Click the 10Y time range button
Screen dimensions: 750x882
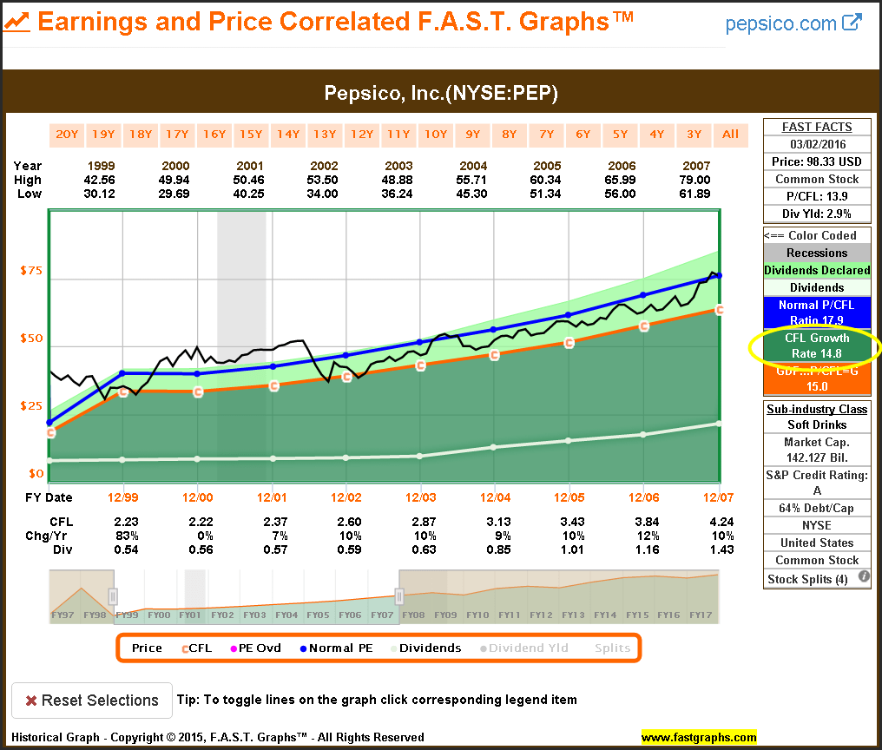(x=435, y=134)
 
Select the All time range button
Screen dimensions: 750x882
(x=730, y=134)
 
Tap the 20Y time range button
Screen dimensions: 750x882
(x=66, y=134)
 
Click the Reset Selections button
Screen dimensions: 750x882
(x=91, y=701)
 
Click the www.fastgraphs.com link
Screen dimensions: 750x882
(x=699, y=738)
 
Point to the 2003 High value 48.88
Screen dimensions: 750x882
(x=399, y=180)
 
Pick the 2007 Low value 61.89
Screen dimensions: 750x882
(x=694, y=194)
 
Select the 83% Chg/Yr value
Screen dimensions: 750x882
(x=128, y=535)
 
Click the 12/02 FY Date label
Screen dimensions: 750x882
(x=346, y=497)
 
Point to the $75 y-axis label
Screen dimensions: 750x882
(x=31, y=270)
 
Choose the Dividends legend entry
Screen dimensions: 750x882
(x=426, y=648)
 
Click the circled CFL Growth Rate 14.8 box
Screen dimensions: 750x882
(x=817, y=345)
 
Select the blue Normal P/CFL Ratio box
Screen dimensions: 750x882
(x=817, y=312)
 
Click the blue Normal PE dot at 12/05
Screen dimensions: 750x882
(x=569, y=314)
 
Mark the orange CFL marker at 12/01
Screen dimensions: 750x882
(x=273, y=385)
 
